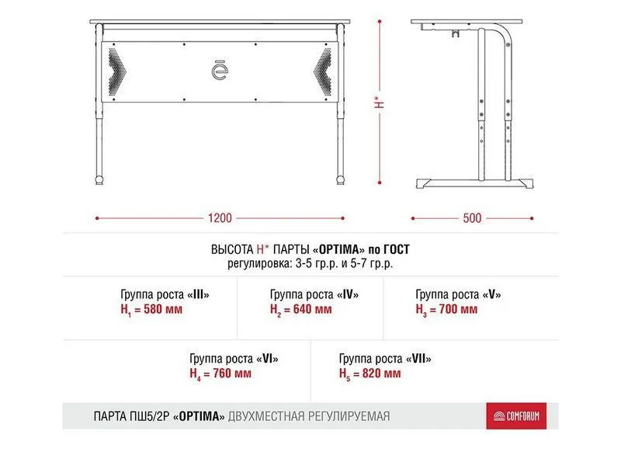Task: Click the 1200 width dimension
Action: pyautogui.click(x=220, y=218)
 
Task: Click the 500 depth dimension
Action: pyautogui.click(x=472, y=218)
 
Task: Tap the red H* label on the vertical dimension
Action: pyautogui.click(x=378, y=102)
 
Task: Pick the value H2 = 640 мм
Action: pyautogui.click(x=301, y=309)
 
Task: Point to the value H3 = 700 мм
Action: pyautogui.click(x=446, y=309)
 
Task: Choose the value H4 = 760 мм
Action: pyautogui.click(x=220, y=374)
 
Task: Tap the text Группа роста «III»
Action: pyautogui.click(x=165, y=295)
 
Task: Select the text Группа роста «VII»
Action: pyautogui.click(x=385, y=359)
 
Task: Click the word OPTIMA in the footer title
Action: pyautogui.click(x=199, y=417)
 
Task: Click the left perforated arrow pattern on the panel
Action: pyautogui.click(x=116, y=71)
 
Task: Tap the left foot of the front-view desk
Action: pyautogui.click(x=98, y=180)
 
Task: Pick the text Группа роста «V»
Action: pyautogui.click(x=459, y=295)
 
